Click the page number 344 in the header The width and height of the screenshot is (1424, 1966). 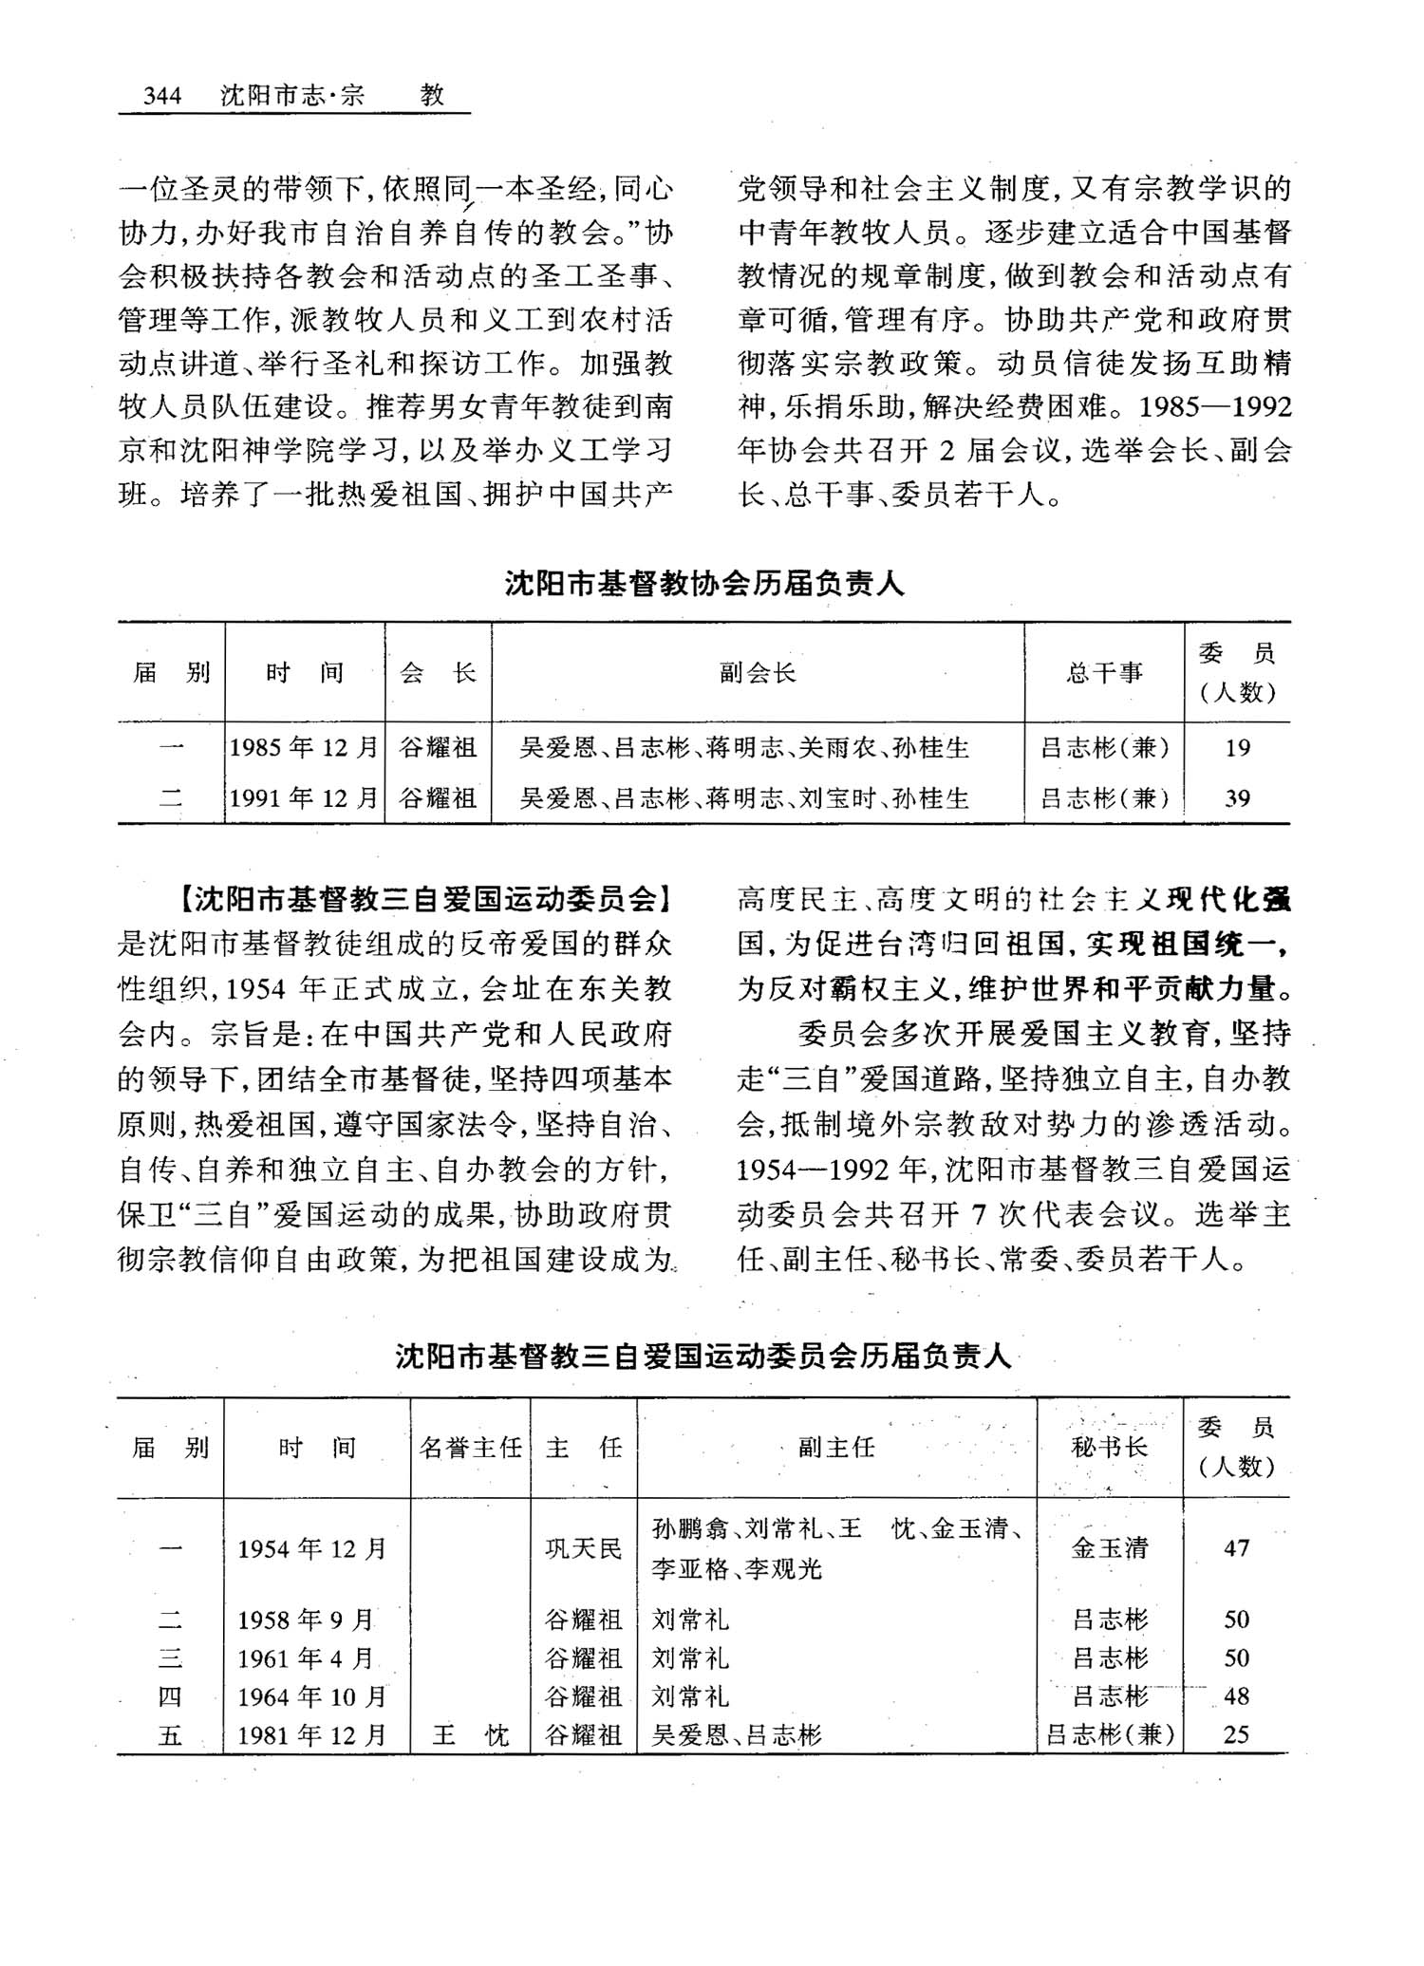click(x=161, y=96)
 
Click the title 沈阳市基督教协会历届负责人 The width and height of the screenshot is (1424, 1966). click(x=704, y=584)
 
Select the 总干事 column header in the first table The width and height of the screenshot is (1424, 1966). click(x=1104, y=673)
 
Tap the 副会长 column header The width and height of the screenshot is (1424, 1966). click(x=757, y=673)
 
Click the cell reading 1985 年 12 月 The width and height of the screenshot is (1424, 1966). click(x=305, y=748)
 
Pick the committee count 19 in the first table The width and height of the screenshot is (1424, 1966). click(x=1237, y=748)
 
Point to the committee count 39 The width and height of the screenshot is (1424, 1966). click(x=1237, y=798)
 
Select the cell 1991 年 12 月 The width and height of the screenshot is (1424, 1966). click(x=305, y=798)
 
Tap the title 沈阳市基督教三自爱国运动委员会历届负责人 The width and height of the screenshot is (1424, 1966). click(x=703, y=1357)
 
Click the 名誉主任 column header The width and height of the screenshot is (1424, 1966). click(x=471, y=1447)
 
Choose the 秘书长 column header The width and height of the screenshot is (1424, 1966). click(x=1109, y=1447)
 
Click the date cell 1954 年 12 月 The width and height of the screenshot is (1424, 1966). click(x=312, y=1548)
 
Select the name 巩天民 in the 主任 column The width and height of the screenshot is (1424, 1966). click(x=584, y=1548)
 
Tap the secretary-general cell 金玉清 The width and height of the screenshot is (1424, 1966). click(x=1110, y=1548)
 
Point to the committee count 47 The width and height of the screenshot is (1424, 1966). click(x=1236, y=1548)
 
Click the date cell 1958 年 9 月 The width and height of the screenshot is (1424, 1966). click(x=306, y=1620)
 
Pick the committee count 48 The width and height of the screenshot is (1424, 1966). click(x=1236, y=1696)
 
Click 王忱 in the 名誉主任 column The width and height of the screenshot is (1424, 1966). click(x=471, y=1735)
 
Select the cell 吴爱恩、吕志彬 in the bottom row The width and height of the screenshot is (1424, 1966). click(x=737, y=1735)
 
